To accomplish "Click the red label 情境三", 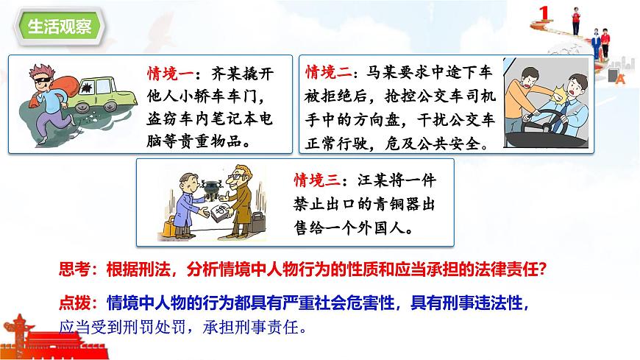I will [317, 179].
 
